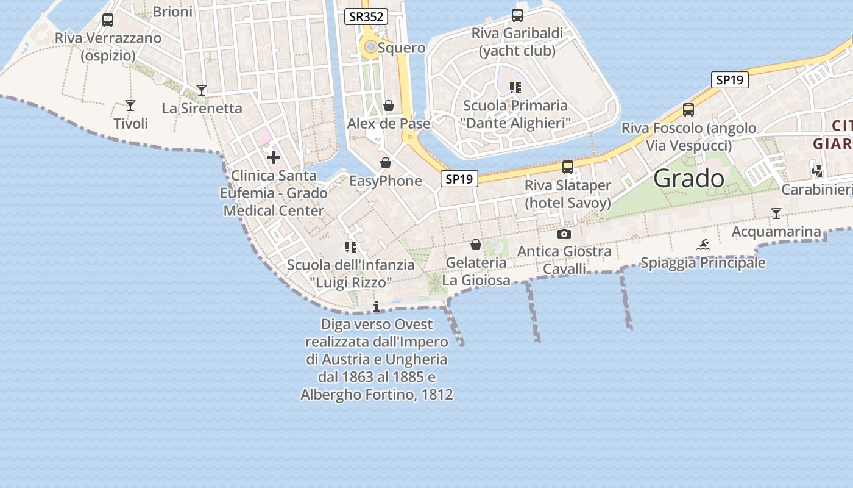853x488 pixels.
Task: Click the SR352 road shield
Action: click(x=366, y=16)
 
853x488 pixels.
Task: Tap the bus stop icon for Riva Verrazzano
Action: click(x=108, y=20)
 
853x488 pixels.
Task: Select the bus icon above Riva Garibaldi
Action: click(x=517, y=15)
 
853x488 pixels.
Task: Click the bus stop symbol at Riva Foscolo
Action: click(x=688, y=110)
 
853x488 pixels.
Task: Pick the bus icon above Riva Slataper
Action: click(x=568, y=167)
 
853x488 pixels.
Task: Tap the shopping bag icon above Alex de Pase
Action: click(x=389, y=106)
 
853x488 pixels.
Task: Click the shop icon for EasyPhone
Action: click(x=385, y=163)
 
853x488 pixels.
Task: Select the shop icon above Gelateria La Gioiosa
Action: click(x=476, y=245)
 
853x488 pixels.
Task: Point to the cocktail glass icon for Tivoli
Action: click(x=130, y=106)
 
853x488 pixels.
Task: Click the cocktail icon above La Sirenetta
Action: click(x=202, y=90)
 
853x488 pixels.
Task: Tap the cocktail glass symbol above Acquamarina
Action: click(x=776, y=213)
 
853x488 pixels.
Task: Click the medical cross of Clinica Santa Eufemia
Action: click(x=274, y=157)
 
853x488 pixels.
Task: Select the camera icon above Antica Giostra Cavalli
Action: click(x=564, y=234)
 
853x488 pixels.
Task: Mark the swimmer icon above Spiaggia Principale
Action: click(x=703, y=245)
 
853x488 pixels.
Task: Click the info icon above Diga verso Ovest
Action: click(x=377, y=306)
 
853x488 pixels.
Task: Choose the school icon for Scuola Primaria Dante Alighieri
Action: click(x=515, y=88)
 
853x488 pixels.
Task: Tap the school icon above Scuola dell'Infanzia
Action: click(x=350, y=247)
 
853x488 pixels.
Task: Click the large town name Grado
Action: click(x=688, y=179)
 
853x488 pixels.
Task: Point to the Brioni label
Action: click(x=172, y=12)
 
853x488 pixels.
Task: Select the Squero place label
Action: click(x=402, y=48)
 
